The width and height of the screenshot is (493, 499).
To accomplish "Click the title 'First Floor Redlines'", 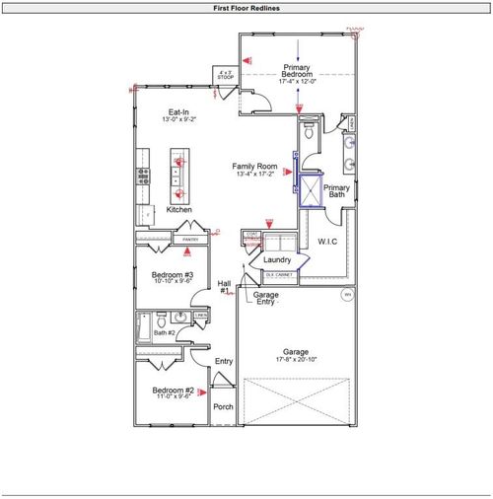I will pos(246,7).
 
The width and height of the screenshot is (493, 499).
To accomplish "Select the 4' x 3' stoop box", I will pos(226,76).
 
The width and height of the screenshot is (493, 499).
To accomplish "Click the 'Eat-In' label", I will pos(178,112).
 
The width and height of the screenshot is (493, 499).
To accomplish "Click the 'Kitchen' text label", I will pos(178,210).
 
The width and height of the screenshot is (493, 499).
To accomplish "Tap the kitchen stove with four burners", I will pos(143,178).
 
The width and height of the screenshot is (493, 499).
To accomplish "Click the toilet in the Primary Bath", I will pos(309,129).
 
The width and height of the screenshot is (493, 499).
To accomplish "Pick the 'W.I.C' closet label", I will pos(328,241).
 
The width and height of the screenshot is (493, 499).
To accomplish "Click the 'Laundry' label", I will pos(276,259).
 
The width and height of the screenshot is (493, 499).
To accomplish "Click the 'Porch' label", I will pos(224,406).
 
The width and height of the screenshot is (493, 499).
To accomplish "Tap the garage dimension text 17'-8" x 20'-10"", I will pos(296,361).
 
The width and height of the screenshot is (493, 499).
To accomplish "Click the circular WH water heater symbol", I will pos(347,295).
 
